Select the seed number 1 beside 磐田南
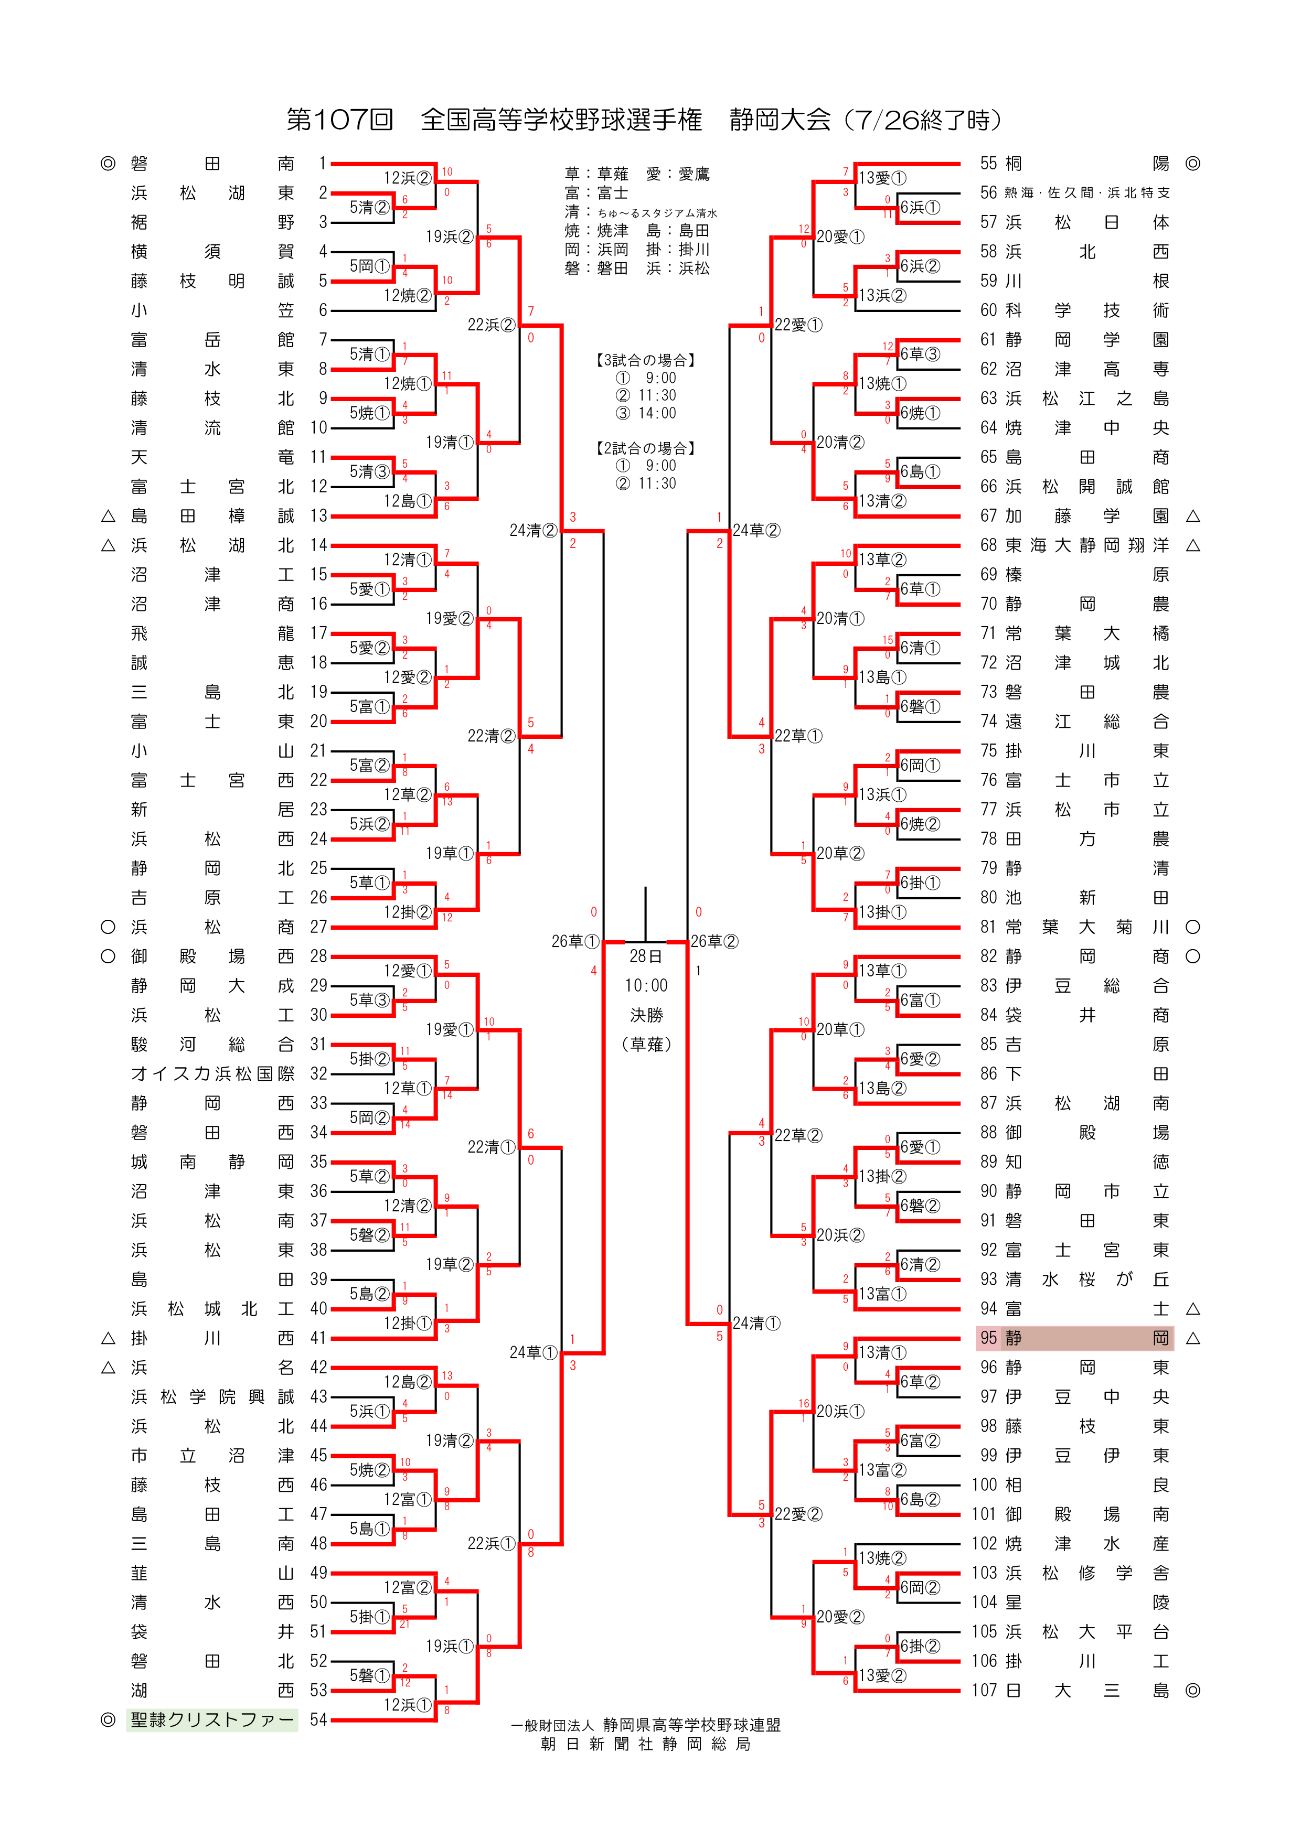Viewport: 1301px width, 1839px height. pyautogui.click(x=322, y=164)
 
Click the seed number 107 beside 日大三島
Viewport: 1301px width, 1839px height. pyautogui.click(x=985, y=1690)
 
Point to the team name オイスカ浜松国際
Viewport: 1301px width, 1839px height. pyautogui.click(x=212, y=1073)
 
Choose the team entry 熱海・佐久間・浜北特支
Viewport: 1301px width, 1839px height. pyautogui.click(x=1086, y=193)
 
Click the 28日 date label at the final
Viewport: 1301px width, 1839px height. pyautogui.click(x=646, y=956)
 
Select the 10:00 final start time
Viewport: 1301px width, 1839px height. pyautogui.click(x=646, y=985)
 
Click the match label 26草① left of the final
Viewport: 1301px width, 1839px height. pyautogui.click(x=575, y=941)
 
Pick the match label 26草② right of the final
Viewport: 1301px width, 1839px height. pyautogui.click(x=715, y=941)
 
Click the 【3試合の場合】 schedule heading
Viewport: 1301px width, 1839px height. pyautogui.click(x=646, y=360)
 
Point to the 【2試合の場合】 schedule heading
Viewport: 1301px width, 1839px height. pyautogui.click(x=646, y=448)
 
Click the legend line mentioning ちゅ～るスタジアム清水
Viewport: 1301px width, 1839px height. pyautogui.click(x=641, y=212)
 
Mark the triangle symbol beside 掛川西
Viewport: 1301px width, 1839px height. pyautogui.click(x=108, y=1338)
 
